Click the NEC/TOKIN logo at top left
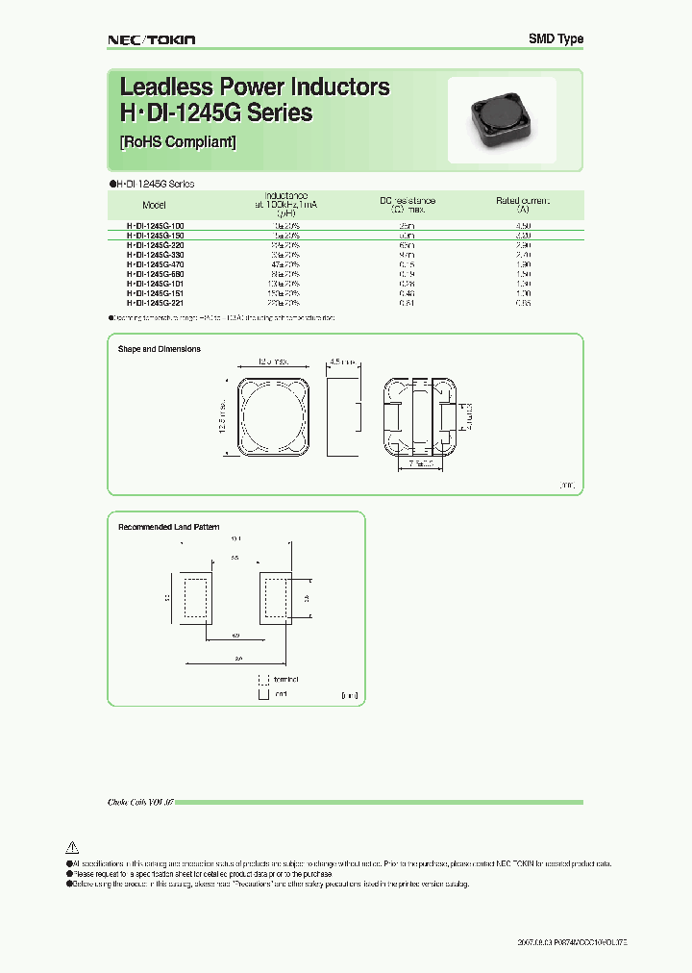(x=150, y=39)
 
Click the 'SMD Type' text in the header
(x=556, y=39)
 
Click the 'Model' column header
(x=154, y=206)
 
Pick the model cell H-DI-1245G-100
(x=155, y=224)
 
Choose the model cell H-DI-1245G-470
(x=155, y=263)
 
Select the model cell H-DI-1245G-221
(x=155, y=303)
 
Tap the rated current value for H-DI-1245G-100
(x=523, y=224)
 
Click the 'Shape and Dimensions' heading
(x=160, y=349)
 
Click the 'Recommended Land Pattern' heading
(x=168, y=527)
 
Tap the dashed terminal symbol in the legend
(x=261, y=678)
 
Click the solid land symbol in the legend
(x=261, y=692)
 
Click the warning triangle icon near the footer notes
(x=70, y=847)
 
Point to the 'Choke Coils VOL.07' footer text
(x=140, y=801)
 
